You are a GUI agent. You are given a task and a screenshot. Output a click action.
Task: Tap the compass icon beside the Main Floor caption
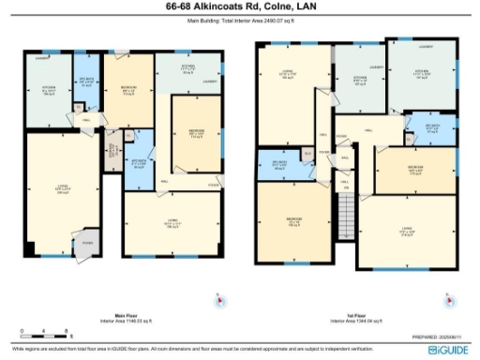(218, 300)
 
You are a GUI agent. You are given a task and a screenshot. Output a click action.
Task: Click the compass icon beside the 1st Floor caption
(456, 301)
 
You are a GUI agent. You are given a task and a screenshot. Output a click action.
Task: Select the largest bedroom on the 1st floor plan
(293, 221)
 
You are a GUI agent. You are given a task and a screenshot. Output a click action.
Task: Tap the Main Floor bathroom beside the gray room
(139, 161)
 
